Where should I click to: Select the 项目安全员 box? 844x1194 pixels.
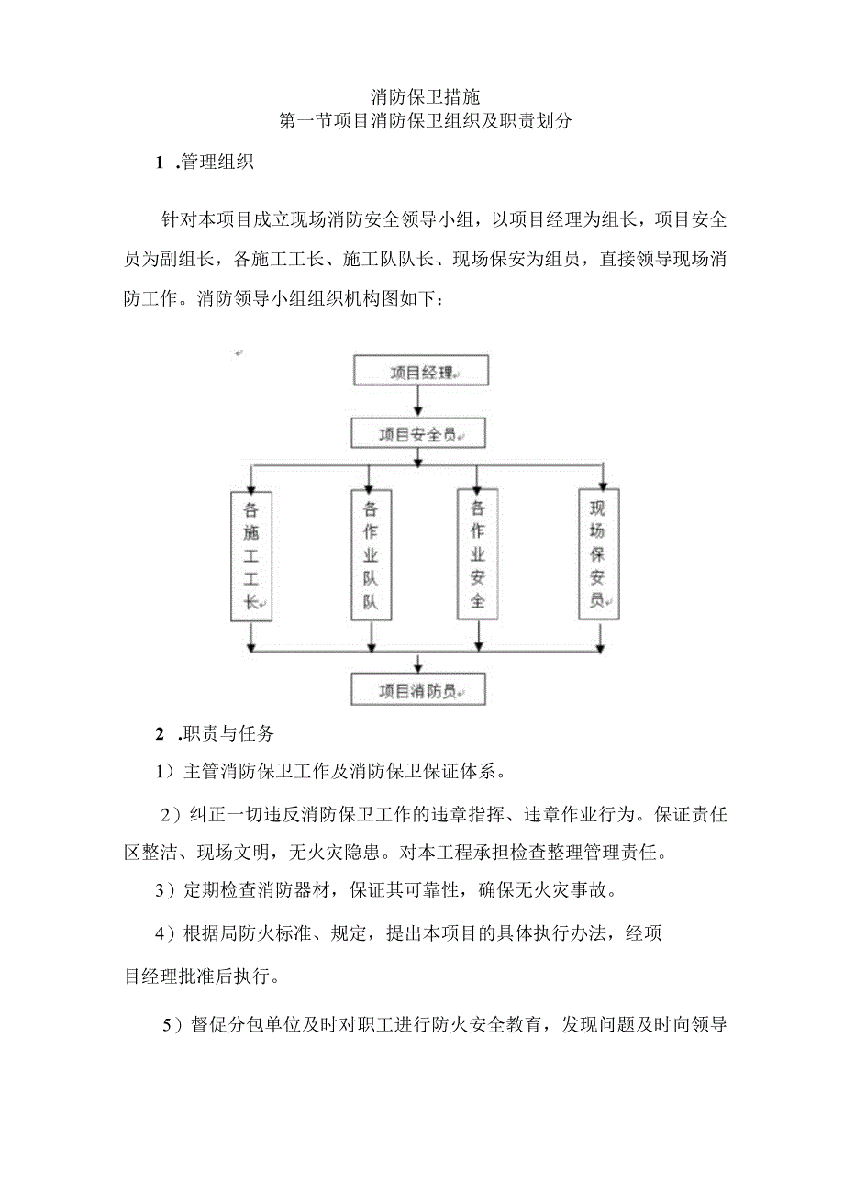click(418, 433)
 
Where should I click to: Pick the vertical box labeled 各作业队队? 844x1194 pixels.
click(371, 554)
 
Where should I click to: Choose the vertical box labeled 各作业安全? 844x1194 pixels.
click(477, 554)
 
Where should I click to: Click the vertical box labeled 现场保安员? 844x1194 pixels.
click(598, 554)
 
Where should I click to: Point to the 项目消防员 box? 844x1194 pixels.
click(418, 690)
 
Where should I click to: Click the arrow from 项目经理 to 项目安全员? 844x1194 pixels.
click(418, 401)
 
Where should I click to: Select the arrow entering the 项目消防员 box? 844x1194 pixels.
click(418, 664)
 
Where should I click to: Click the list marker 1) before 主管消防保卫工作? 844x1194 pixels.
click(165, 772)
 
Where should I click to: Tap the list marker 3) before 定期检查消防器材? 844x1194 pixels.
click(165, 889)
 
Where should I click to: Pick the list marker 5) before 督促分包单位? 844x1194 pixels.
click(172, 1025)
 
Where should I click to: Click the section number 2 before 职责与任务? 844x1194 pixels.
click(161, 734)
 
